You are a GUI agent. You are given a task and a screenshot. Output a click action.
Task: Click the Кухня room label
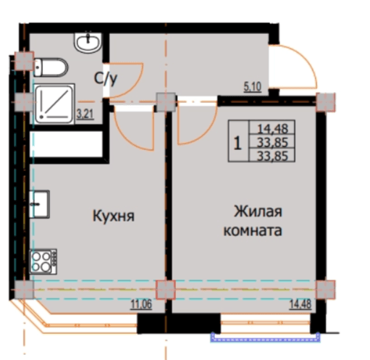coord(114,216)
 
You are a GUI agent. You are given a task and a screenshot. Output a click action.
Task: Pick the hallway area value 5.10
coord(253,90)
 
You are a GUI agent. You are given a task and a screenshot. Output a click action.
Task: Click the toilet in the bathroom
coord(51,69)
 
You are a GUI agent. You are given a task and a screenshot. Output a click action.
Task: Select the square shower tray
coord(55,103)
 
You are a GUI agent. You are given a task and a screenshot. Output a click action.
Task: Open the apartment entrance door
coord(297,65)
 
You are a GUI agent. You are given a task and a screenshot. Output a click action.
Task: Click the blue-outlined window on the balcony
coord(265,335)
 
